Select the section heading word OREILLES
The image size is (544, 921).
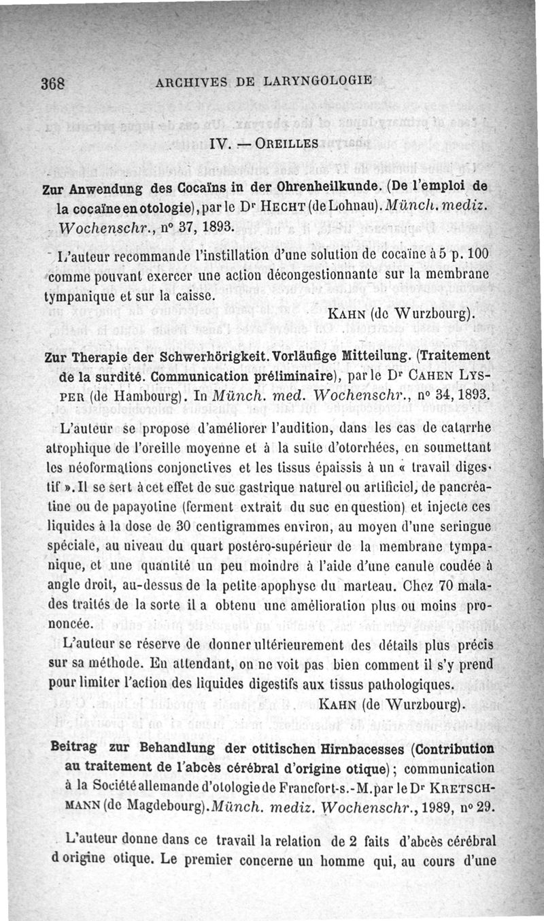(x=279, y=144)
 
